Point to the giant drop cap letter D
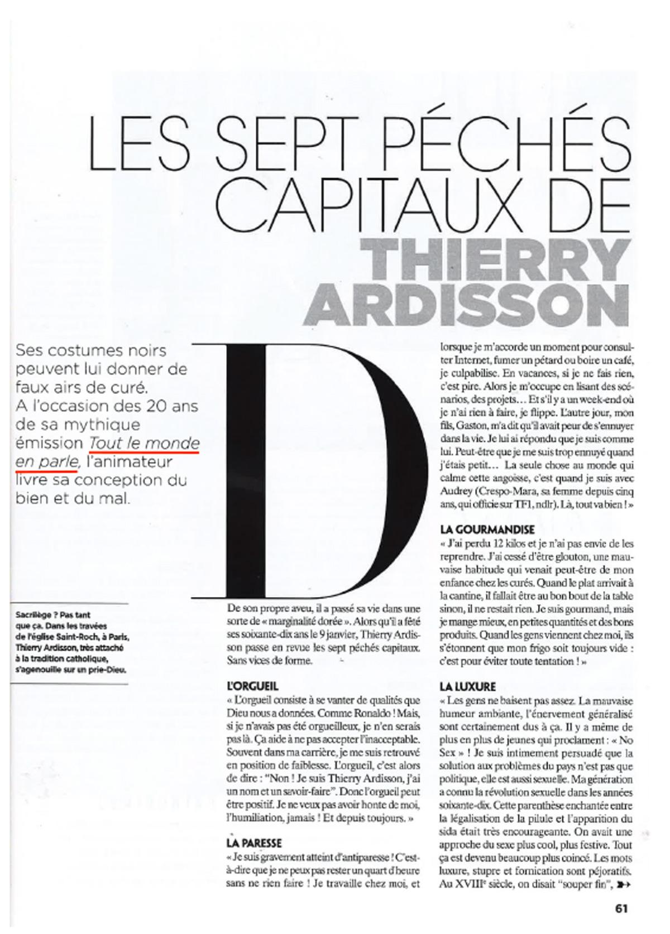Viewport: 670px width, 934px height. coord(324,474)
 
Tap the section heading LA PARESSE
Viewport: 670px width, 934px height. coord(254,842)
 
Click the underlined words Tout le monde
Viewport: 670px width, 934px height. coord(144,443)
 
